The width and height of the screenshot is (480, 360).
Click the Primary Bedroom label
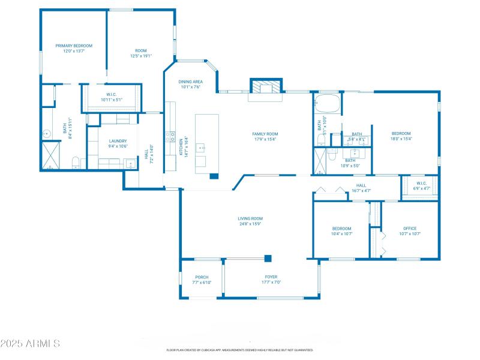[x=74, y=46]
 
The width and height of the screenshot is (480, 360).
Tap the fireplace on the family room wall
[x=265, y=87]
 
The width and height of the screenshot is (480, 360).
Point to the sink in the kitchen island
[x=203, y=146]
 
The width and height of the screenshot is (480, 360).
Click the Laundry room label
[x=118, y=141]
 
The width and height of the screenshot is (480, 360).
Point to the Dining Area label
[x=190, y=82]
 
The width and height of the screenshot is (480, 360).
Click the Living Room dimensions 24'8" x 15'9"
[x=250, y=224]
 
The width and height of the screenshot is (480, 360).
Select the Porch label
[x=202, y=277]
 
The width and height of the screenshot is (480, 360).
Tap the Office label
[x=410, y=229]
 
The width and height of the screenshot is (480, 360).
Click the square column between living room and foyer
[x=268, y=259]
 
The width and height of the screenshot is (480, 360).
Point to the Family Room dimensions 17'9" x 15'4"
[x=265, y=139]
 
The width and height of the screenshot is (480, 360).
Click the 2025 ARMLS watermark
[x=30, y=344]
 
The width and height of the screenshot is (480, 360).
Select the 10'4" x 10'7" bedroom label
[x=341, y=229]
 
